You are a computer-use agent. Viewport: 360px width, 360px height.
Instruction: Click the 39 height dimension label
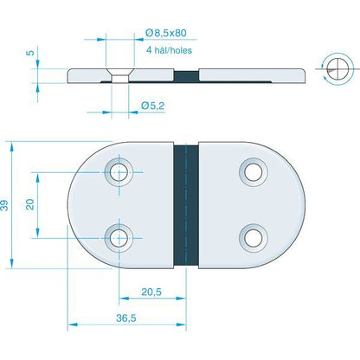tap(7, 205)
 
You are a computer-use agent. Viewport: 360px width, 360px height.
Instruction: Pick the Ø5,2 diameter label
tap(153, 106)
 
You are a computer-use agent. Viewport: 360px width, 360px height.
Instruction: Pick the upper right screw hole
tap(253, 171)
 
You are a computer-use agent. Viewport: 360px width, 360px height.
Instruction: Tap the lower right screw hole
tap(253, 235)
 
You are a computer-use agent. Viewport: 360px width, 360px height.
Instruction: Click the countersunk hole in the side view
tap(119, 77)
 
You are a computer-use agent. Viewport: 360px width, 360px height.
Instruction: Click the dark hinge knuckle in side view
tap(184, 76)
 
